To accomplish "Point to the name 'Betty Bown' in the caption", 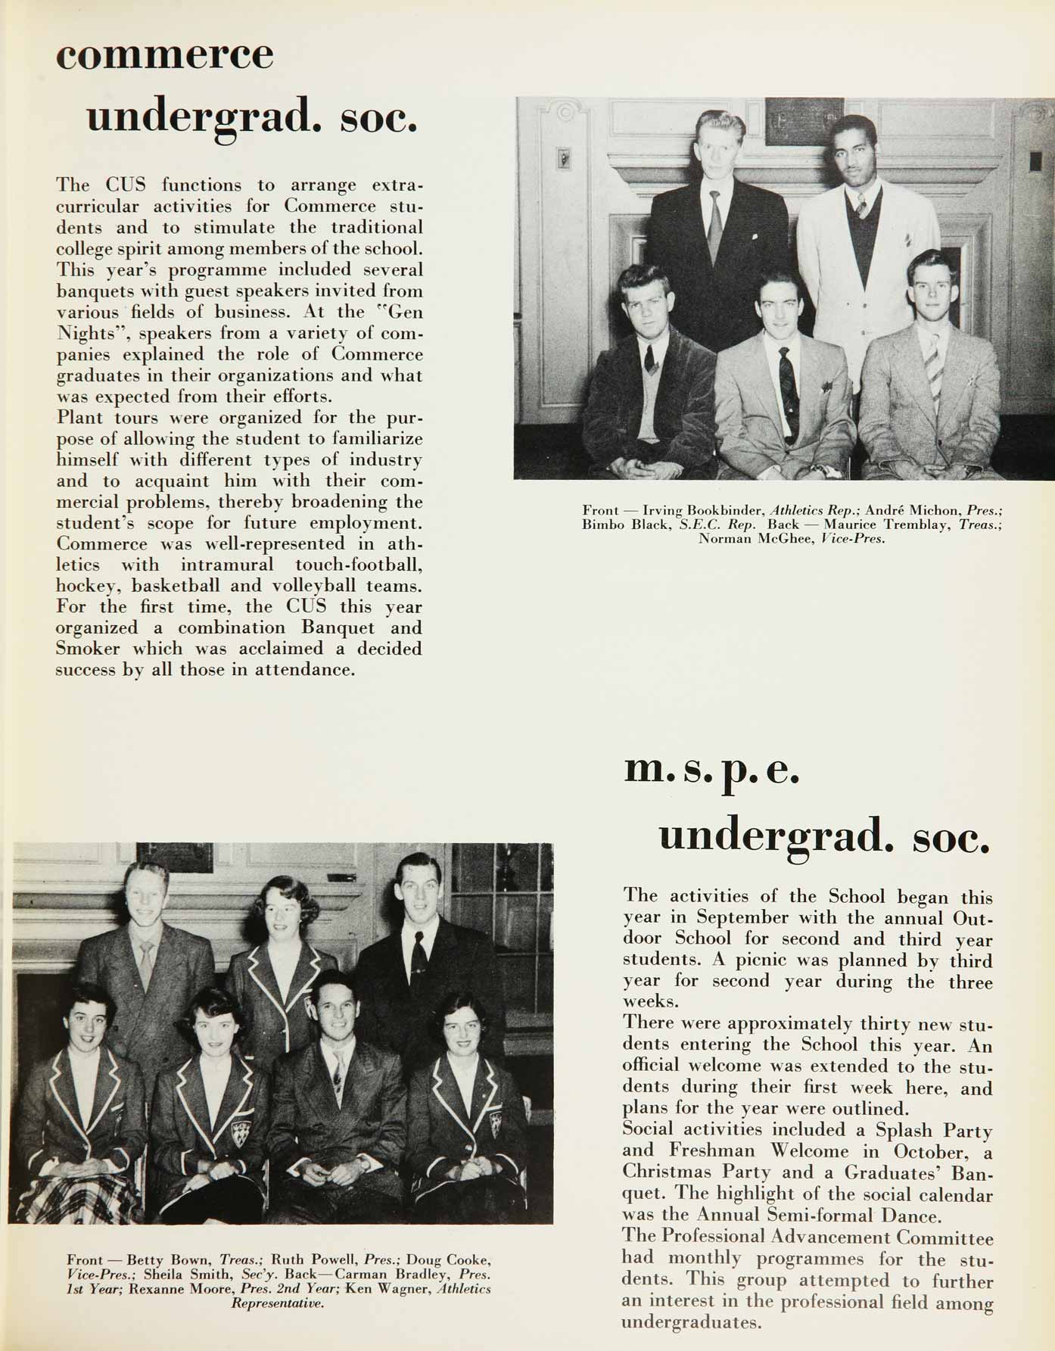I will (169, 1260).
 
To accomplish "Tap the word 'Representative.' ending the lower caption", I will (277, 1303).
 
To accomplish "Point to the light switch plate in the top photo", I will (563, 158).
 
